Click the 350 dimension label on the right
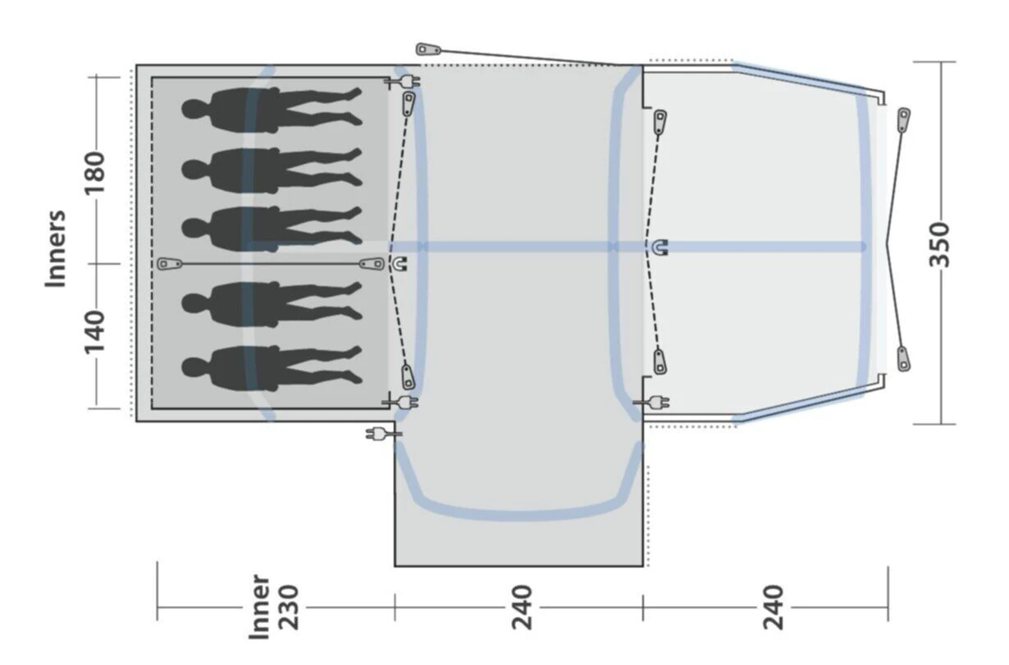[x=941, y=244]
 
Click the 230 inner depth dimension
[x=288, y=607]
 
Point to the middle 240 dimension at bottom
[x=521, y=607]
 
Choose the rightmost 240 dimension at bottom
[x=773, y=607]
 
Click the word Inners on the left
[x=56, y=248]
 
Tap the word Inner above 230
[x=259, y=607]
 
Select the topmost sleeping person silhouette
[x=272, y=107]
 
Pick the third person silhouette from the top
[x=272, y=227]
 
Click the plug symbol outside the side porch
[x=379, y=433]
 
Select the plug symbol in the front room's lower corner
[x=655, y=403]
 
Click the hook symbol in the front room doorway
[x=661, y=246]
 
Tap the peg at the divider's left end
[x=170, y=264]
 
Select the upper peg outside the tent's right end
[x=903, y=120]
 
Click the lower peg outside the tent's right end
[x=903, y=358]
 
